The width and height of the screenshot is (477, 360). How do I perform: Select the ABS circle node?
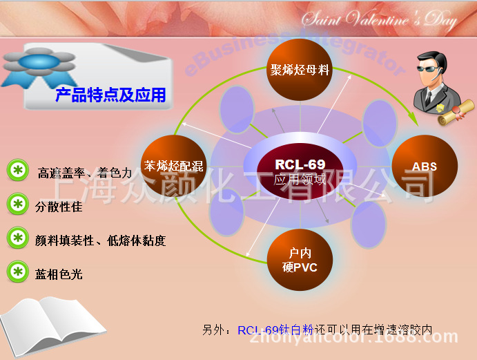point(425,167)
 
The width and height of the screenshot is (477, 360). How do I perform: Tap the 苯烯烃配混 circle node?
point(173,166)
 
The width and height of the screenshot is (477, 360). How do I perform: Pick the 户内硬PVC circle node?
point(300,260)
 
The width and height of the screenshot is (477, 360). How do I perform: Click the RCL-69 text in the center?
point(300,164)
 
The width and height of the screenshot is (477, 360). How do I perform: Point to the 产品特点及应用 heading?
point(110,95)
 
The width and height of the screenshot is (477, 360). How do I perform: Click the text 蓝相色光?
point(59,274)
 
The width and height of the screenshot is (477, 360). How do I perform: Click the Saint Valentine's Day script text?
point(379,20)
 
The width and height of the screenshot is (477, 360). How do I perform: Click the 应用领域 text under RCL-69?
point(300,180)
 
